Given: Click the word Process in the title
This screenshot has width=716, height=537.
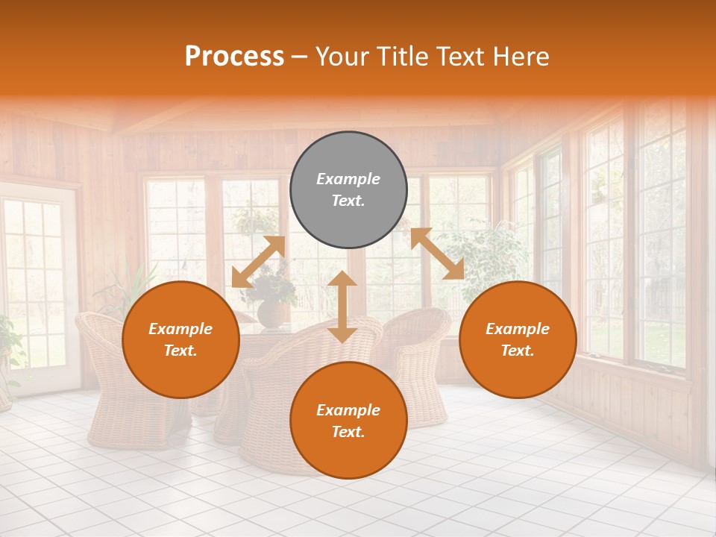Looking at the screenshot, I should click(x=234, y=57).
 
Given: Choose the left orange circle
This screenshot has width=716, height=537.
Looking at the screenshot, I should click(x=180, y=339).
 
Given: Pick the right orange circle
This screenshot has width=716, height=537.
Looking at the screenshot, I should click(x=518, y=339).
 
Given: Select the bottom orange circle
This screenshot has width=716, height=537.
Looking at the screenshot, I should click(x=348, y=420).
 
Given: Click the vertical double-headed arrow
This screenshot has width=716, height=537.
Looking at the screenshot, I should click(x=342, y=307).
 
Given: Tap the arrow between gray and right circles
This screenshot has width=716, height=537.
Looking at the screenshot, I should click(x=437, y=254).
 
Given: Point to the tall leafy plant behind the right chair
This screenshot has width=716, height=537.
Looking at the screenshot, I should click(x=485, y=257).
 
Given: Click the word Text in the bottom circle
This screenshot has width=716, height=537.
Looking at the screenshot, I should click(x=348, y=432).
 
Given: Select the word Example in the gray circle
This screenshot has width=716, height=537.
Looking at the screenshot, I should click(x=348, y=179).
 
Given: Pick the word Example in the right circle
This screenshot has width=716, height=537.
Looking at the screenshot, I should click(x=518, y=329).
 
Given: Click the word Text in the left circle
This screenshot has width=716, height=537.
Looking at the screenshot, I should click(x=180, y=351).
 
